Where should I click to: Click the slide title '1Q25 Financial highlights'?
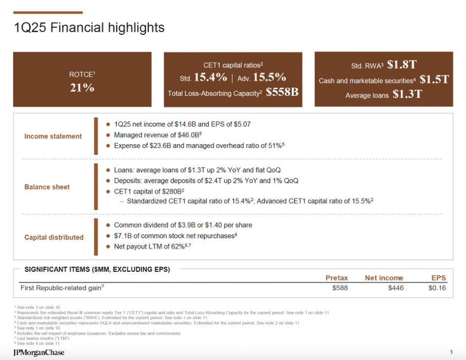(x=89, y=28)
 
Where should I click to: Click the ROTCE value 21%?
(x=82, y=88)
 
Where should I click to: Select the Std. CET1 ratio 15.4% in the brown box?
(x=210, y=78)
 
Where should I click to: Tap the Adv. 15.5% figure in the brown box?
(x=269, y=78)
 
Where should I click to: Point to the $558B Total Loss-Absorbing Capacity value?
(x=282, y=93)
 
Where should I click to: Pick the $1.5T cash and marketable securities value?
(x=434, y=80)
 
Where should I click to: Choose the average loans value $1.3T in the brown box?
(x=407, y=95)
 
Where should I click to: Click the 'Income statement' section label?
(x=53, y=136)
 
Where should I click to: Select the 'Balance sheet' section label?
(x=47, y=187)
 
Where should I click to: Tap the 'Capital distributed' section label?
(x=54, y=237)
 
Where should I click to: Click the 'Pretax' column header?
(x=337, y=278)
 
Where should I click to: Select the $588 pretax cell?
(x=340, y=288)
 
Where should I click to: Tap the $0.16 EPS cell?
(x=437, y=288)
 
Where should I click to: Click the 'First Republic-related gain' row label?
(x=62, y=288)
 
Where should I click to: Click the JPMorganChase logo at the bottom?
(x=38, y=352)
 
